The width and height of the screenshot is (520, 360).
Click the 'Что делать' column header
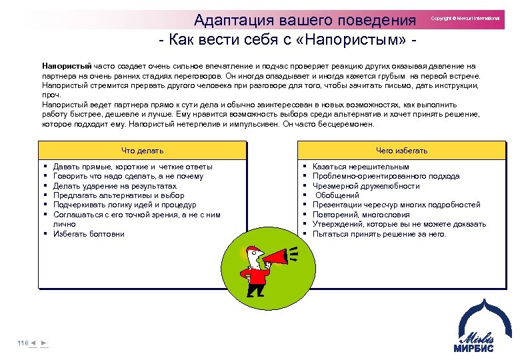pos(142,151)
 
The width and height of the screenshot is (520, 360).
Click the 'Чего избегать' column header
pos(401,151)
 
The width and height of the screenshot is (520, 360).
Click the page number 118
pos(23,343)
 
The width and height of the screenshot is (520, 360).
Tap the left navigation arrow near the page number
pos(33,343)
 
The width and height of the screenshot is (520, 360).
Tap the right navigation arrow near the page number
pos(43,343)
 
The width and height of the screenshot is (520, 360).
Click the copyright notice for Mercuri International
pos(465,19)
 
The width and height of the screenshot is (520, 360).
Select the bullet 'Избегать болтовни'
pos(89,234)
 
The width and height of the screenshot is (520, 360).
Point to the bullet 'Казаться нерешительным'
pos(361,167)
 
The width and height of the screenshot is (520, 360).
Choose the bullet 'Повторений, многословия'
pos(362,215)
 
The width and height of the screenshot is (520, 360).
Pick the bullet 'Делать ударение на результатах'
pos(115,186)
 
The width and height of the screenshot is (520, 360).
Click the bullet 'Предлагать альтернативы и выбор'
pos(119,195)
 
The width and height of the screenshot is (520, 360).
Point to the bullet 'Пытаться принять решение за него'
pos(379,234)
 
